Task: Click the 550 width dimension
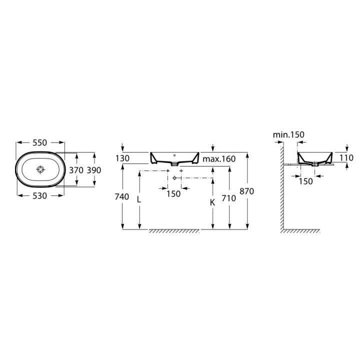click(x=39, y=142)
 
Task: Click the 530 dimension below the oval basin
click(x=39, y=195)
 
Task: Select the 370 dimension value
click(x=76, y=170)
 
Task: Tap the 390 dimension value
click(x=94, y=170)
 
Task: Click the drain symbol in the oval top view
click(x=40, y=169)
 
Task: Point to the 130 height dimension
click(x=122, y=158)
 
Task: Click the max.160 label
click(x=219, y=158)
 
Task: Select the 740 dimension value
click(x=122, y=197)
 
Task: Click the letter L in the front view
click(x=139, y=199)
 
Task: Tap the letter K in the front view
click(x=212, y=202)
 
